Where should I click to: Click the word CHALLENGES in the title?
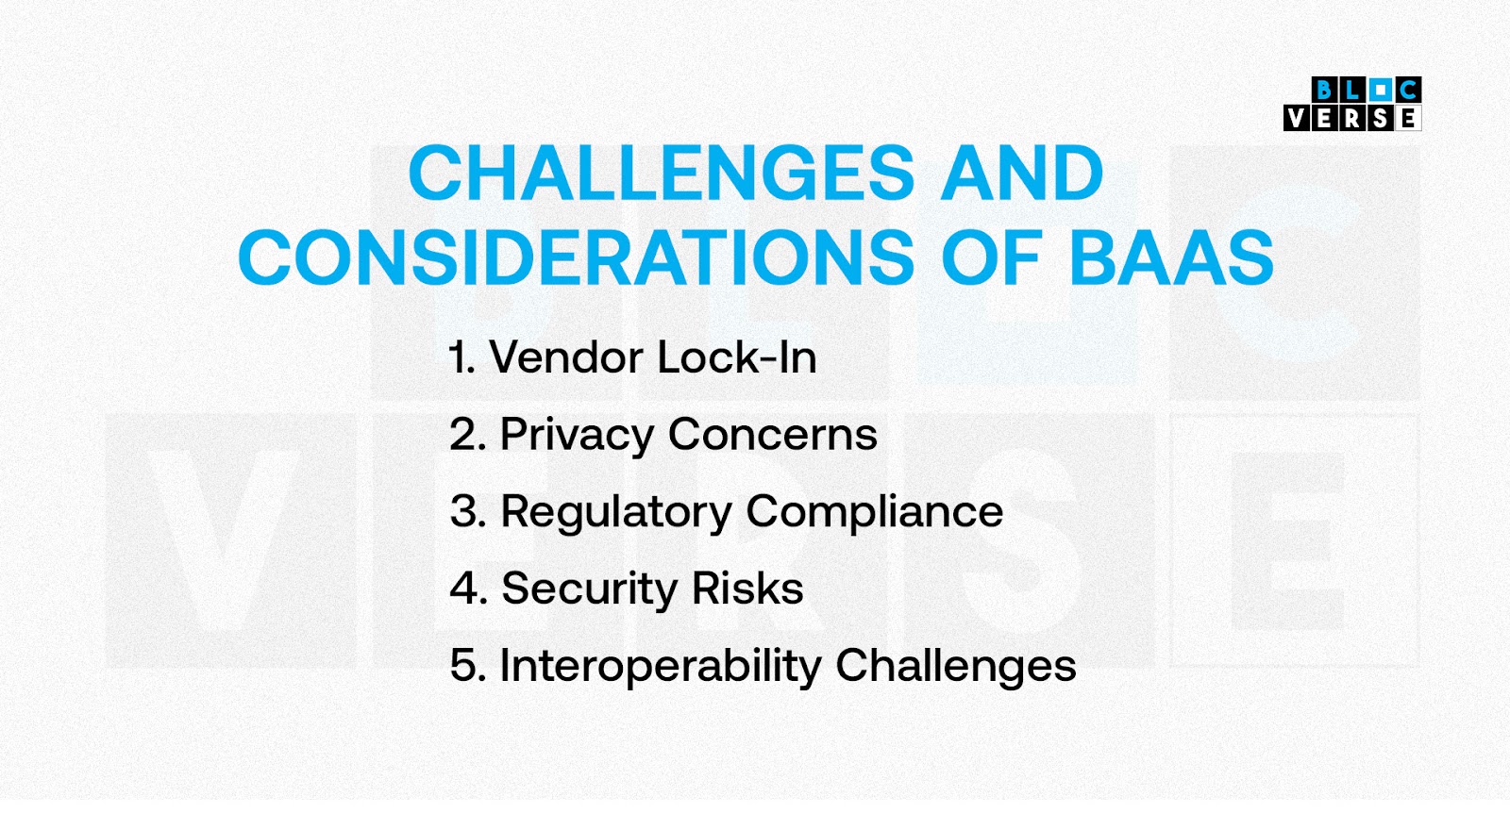click(662, 174)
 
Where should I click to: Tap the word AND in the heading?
click(1022, 174)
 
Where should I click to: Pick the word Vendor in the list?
click(567, 357)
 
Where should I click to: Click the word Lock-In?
click(737, 357)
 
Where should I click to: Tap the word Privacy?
click(577, 435)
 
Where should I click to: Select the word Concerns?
click(773, 435)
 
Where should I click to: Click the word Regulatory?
click(616, 512)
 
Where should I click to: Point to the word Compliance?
click(875, 512)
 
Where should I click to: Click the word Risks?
click(747, 588)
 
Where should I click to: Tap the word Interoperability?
click(661, 667)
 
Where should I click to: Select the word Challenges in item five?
click(956, 667)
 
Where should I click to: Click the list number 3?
click(468, 512)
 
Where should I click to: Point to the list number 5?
click(468, 666)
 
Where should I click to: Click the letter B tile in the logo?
click(1325, 90)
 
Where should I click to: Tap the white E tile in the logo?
click(1408, 118)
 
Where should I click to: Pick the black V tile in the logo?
click(1297, 118)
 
